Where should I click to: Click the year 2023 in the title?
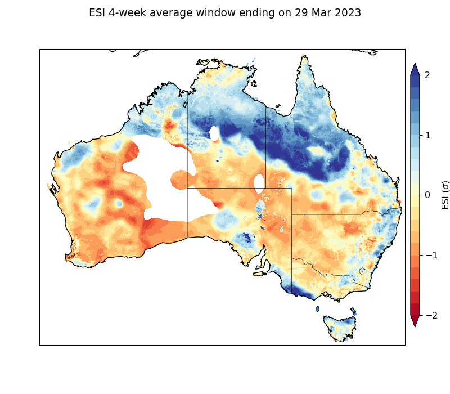pyautogui.click(x=345, y=13)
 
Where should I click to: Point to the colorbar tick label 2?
pyautogui.click(x=427, y=75)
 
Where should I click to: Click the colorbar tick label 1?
pyautogui.click(x=427, y=135)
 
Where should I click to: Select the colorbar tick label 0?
pyautogui.click(x=427, y=195)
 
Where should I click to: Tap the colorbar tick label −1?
pyautogui.click(x=425, y=255)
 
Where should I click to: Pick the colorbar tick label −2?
pyautogui.click(x=425, y=315)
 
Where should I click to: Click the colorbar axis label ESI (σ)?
pyautogui.click(x=445, y=195)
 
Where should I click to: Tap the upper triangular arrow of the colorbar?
pyautogui.click(x=415, y=69)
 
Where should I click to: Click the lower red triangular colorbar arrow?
pyautogui.click(x=415, y=321)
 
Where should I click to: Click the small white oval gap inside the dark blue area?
pyautogui.click(x=214, y=133)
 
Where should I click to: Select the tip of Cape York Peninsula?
pyautogui.click(x=304, y=57)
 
